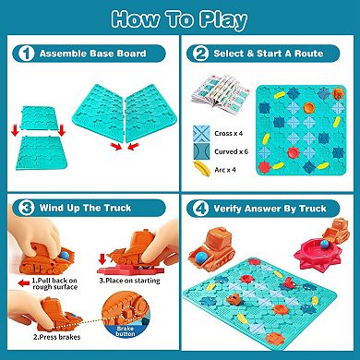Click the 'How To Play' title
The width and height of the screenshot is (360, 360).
[x=180, y=20]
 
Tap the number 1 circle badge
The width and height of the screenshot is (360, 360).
[x=18, y=54]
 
